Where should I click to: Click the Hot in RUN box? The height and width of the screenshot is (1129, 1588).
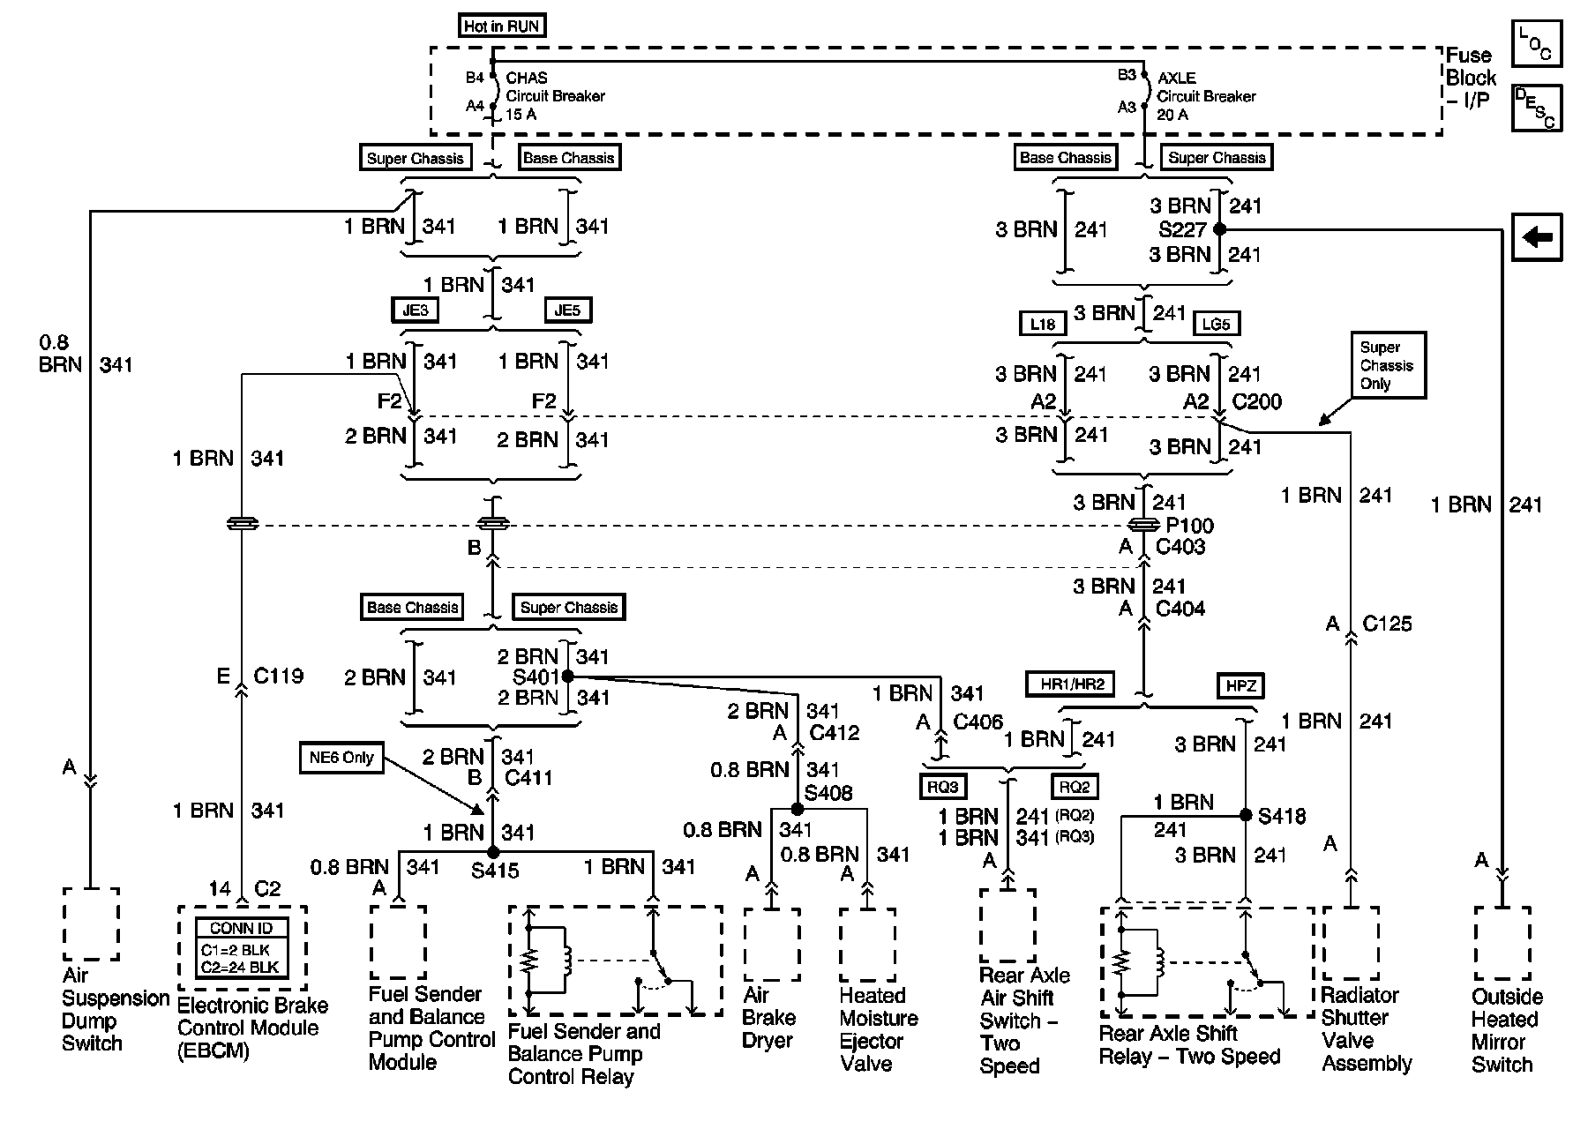501,26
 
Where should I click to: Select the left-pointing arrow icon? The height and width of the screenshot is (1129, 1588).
1537,237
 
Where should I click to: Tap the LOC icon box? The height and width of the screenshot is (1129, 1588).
1536,45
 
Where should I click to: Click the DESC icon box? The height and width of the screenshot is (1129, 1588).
1536,108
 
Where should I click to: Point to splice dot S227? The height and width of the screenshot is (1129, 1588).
1219,229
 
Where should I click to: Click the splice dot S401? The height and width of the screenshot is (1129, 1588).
568,677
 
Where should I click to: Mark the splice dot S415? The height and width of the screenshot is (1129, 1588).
493,852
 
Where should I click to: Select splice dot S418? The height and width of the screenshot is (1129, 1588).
1246,815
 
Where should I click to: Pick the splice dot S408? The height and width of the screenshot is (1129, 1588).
798,809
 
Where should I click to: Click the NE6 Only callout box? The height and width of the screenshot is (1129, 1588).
341,758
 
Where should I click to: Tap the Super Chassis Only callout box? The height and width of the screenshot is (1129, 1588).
1386,365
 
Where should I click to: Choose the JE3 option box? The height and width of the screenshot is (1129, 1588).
415,310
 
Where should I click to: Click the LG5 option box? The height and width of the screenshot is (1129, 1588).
1216,324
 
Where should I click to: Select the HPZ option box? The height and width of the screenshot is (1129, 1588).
1240,685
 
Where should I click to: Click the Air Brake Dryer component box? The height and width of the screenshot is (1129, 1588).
772,945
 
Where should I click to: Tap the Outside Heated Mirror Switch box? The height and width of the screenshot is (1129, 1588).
1502,943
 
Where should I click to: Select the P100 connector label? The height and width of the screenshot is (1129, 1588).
1189,526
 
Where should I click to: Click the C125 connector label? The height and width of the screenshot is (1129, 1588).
1387,624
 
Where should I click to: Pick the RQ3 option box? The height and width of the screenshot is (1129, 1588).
942,787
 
